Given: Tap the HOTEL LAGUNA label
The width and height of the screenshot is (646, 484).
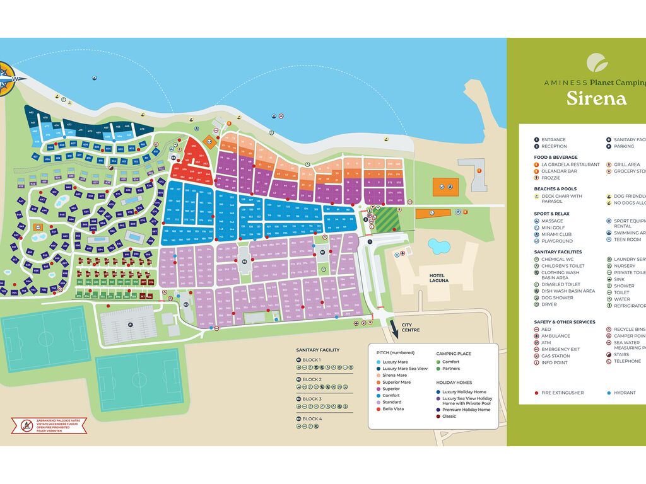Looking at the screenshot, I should point(438,278).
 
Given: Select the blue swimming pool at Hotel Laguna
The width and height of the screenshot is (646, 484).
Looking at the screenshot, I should point(439,245).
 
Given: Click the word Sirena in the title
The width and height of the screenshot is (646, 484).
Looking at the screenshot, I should point(596,99).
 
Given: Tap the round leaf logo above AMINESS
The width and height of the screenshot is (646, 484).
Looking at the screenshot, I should point(597,63).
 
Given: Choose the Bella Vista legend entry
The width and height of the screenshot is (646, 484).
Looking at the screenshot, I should point(394,409).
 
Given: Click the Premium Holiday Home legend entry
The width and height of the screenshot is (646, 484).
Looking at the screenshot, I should point(466,410).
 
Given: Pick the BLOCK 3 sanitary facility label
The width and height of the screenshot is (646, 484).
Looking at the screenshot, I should point(312,399).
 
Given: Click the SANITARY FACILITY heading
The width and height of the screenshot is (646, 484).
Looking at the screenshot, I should point(318,350).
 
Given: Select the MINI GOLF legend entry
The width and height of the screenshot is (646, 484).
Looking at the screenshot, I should point(553,228).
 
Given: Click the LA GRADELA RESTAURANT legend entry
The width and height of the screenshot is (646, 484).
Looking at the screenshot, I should point(570,164).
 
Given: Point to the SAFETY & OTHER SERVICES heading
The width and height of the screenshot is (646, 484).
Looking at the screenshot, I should point(565,322).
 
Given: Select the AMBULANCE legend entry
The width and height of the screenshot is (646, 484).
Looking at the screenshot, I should point(555,336).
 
